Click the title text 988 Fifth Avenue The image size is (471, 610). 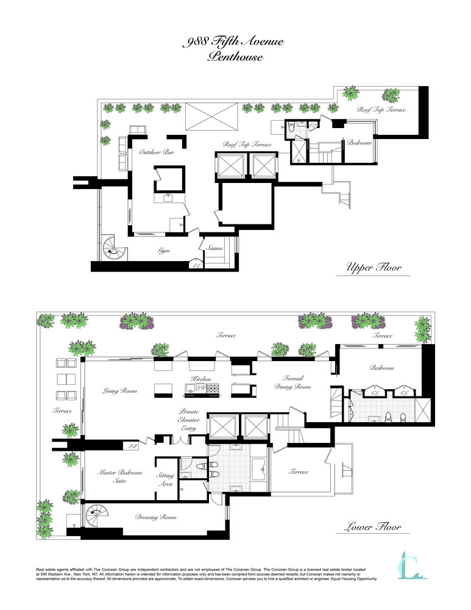pyautogui.click(x=234, y=42)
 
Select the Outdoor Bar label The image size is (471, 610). pyautogui.click(x=157, y=152)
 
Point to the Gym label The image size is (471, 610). pyautogui.click(x=163, y=250)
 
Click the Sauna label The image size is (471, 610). pyautogui.click(x=214, y=248)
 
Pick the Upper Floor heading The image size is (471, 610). pyautogui.click(x=374, y=267)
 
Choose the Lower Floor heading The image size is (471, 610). pyautogui.click(x=374, y=526)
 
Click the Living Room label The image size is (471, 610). pyautogui.click(x=119, y=391)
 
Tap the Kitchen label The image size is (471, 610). pyautogui.click(x=202, y=379)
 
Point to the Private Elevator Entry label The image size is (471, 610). pyautogui.click(x=189, y=420)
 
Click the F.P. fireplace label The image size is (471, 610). pyautogui.click(x=132, y=446)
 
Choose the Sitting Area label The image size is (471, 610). pyautogui.click(x=165, y=479)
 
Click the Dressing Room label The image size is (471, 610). pyautogui.click(x=156, y=517)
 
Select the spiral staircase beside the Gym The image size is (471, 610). pyautogui.click(x=112, y=248)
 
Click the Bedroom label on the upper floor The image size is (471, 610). pyautogui.click(x=358, y=143)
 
